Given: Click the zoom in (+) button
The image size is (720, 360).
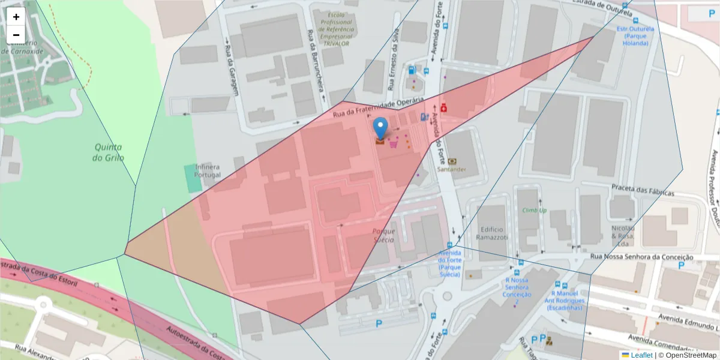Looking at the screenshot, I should tap(16, 17).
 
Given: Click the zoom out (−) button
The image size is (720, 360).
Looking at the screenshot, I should tap(16, 35).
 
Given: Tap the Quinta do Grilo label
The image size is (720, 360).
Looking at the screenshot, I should tap(108, 152).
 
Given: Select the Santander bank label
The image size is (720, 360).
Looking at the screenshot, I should tap(452, 169).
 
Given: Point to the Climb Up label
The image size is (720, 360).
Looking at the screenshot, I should tap(534, 210).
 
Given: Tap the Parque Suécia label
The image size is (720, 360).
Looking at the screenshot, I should tap(383, 235).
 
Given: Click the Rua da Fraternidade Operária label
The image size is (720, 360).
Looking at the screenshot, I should tap(379, 106).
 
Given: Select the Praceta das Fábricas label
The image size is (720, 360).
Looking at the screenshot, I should tap(643, 190).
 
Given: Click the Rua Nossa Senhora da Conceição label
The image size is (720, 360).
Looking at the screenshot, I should tap(642, 257).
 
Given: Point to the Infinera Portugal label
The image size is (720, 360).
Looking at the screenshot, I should tap(207, 170).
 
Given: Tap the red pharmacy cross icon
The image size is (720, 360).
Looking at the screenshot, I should tap(444, 108).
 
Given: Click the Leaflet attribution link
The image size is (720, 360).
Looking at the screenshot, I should tap(641, 355).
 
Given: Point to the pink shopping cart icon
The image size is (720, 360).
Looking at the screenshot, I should tap(394, 143).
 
